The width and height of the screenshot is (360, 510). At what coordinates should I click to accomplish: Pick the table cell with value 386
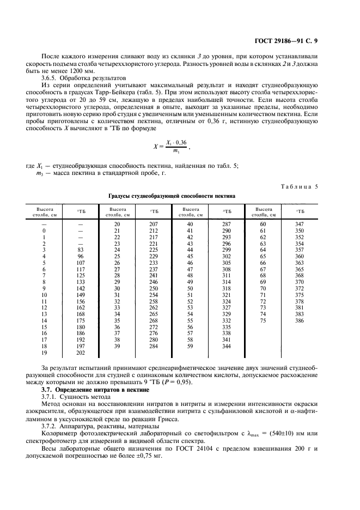[x=299, y=321]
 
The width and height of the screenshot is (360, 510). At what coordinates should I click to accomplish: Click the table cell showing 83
[x=80, y=249]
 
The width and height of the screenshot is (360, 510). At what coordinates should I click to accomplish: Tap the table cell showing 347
[x=299, y=224]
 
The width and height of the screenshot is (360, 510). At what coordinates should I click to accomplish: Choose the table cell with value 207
[x=154, y=224]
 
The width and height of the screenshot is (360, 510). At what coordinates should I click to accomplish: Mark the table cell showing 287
[x=227, y=224]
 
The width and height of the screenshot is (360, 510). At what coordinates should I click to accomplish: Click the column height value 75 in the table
[x=263, y=321]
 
